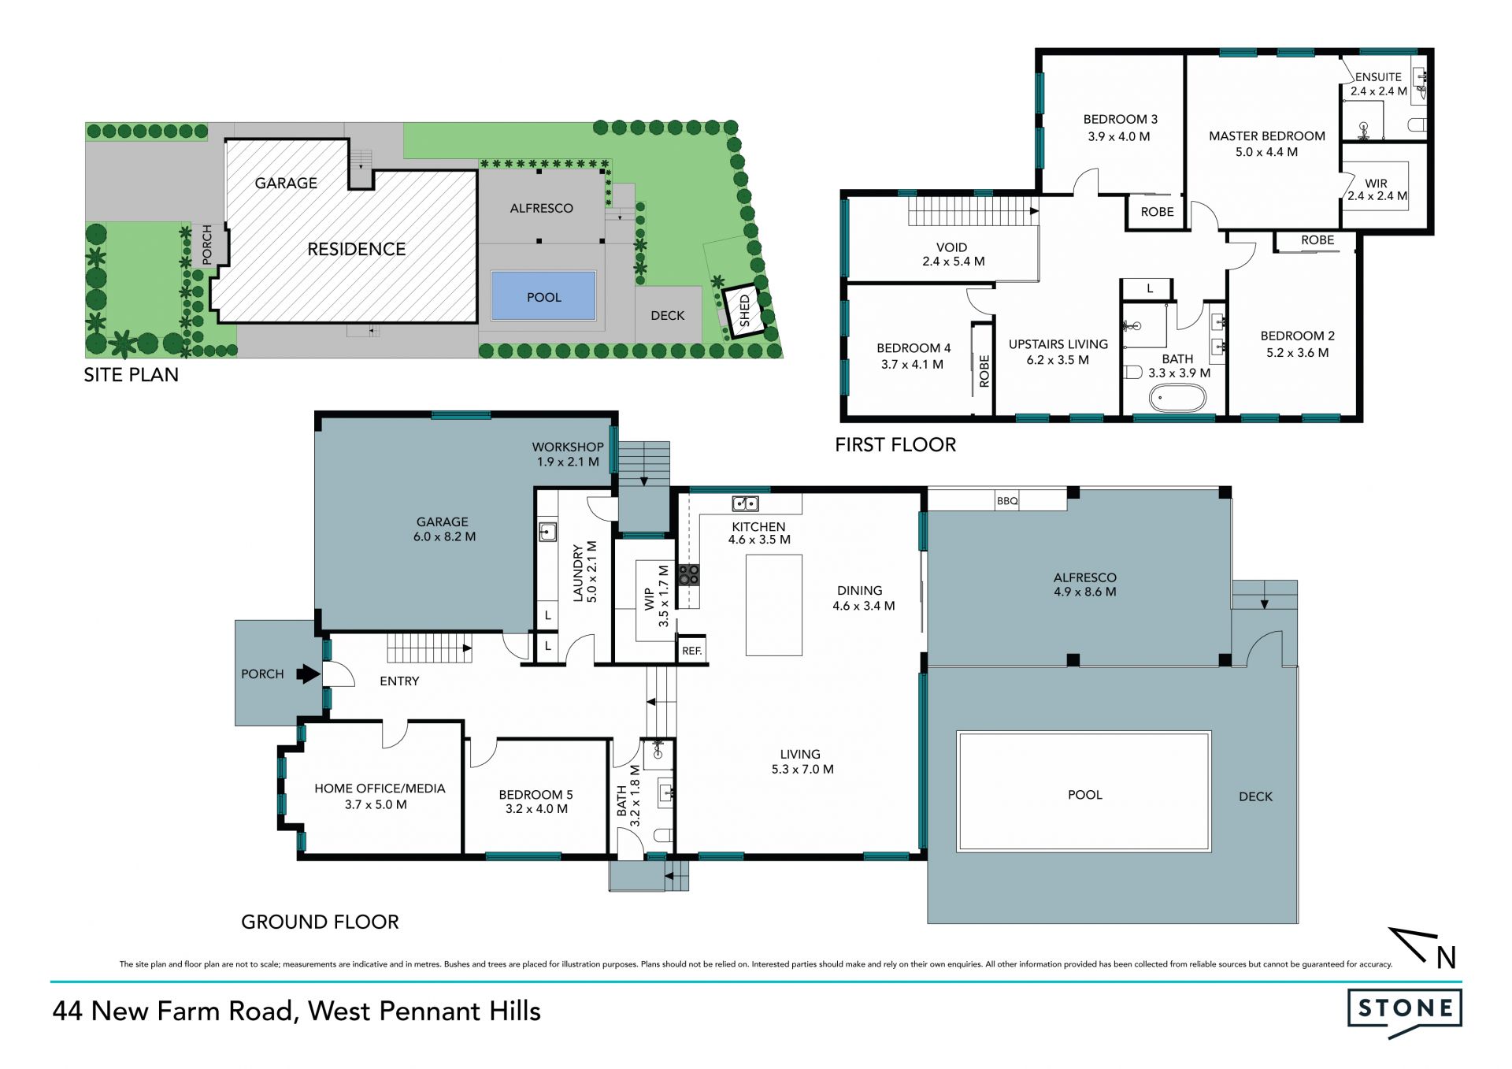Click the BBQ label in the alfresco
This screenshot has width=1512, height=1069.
click(1007, 501)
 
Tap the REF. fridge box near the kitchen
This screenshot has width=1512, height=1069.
click(692, 651)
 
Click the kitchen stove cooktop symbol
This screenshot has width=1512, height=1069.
click(689, 574)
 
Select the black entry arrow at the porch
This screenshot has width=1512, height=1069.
click(308, 674)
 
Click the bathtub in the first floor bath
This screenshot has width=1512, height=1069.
click(1177, 399)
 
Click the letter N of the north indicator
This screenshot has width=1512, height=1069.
click(1446, 958)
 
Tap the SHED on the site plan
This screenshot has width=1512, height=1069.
click(744, 311)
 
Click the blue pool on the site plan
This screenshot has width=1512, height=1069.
click(543, 296)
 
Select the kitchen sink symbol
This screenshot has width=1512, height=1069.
click(745, 503)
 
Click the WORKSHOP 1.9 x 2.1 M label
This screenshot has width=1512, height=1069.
click(568, 455)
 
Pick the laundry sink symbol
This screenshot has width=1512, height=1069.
click(547, 532)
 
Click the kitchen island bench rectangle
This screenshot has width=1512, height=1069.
click(774, 605)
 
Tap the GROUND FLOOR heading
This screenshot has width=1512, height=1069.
click(320, 922)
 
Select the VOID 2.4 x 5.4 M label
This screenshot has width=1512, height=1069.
click(953, 254)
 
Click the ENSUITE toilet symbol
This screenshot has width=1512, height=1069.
click(1417, 124)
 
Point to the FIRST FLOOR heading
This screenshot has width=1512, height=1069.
click(895, 445)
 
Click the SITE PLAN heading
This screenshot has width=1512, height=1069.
click(132, 375)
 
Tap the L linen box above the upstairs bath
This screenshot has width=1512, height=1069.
click(1150, 289)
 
